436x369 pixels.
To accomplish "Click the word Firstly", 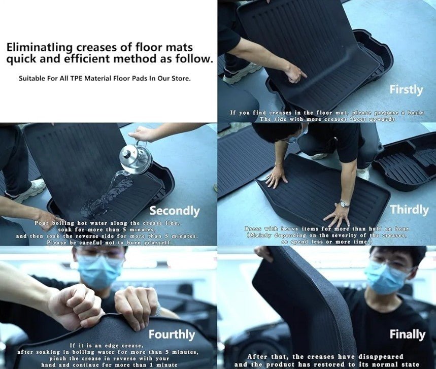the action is [406, 90].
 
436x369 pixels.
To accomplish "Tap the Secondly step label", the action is [174, 211].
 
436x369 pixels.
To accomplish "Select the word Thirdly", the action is [409, 210].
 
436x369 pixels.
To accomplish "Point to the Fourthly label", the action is [172, 334].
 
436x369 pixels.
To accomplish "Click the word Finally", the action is [407, 334].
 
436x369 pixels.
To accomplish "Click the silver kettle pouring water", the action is [136, 158].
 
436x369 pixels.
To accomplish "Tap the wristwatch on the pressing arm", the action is [344, 205].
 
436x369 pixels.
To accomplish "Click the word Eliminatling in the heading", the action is [40, 48].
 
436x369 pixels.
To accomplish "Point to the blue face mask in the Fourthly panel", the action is [99, 271].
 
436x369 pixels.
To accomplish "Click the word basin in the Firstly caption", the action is [416, 113].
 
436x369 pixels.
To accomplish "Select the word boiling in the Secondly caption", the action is [63, 223].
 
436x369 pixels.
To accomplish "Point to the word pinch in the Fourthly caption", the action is [57, 359].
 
